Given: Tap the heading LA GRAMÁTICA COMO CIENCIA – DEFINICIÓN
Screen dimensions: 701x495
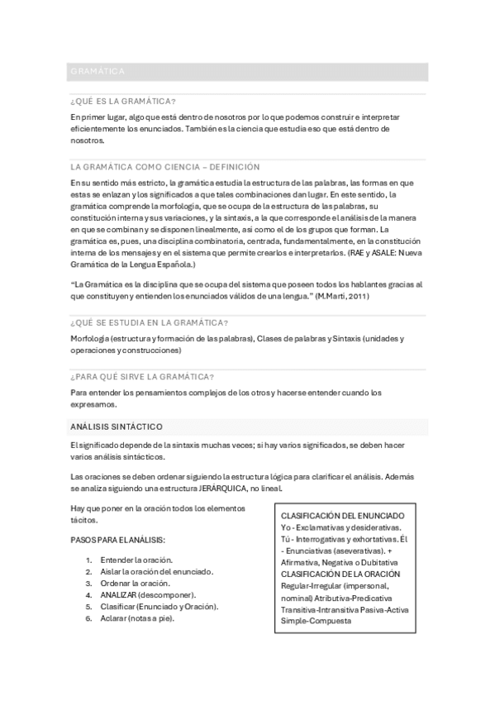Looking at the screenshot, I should click(165, 166).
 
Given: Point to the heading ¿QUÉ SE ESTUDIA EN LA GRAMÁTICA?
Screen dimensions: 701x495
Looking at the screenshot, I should click(150, 322).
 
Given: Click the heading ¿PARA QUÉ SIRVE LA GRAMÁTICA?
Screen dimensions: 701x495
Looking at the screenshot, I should click(143, 376).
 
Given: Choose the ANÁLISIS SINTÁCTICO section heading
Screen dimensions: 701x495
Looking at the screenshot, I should click(117, 427).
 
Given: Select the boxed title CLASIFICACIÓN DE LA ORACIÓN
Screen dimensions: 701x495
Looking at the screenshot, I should click(340, 574).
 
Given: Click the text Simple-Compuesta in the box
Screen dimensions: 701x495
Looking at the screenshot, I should click(316, 621).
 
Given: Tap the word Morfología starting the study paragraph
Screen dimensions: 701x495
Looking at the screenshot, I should click(90, 339).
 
